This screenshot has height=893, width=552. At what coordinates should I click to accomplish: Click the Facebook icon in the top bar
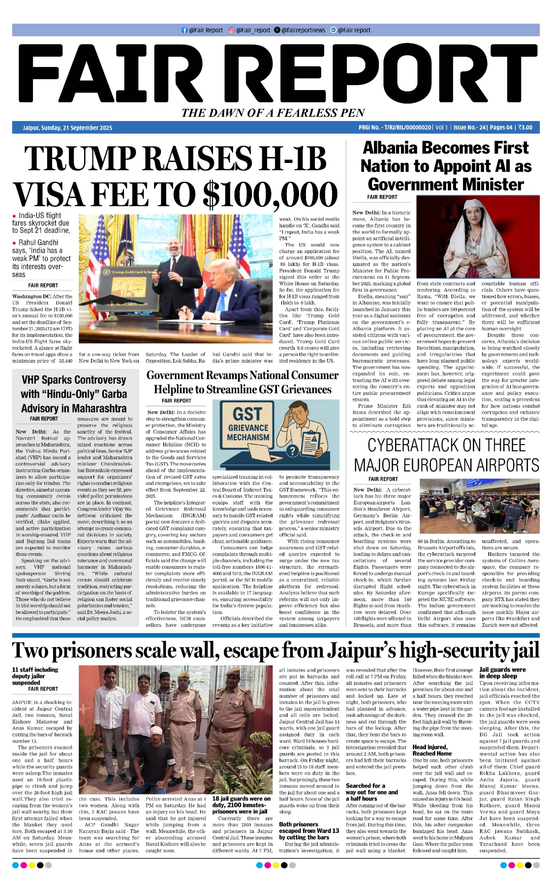coord(184,30)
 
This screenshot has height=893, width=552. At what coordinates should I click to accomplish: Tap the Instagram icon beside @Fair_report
coord(231,30)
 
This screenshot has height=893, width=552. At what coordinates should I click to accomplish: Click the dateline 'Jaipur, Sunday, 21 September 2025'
coord(68,128)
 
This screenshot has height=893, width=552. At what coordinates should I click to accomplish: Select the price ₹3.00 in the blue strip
coord(525,127)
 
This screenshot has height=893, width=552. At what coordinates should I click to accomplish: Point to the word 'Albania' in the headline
coord(390,148)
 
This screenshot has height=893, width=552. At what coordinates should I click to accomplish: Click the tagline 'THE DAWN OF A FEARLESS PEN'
coord(273,113)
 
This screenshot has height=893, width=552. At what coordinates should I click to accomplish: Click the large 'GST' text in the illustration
coord(247,414)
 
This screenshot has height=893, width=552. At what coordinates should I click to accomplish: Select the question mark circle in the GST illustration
coord(292,451)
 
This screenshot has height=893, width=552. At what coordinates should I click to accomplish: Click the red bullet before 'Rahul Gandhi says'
coord(14,243)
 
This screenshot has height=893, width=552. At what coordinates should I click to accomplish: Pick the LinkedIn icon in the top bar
coord(333,30)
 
